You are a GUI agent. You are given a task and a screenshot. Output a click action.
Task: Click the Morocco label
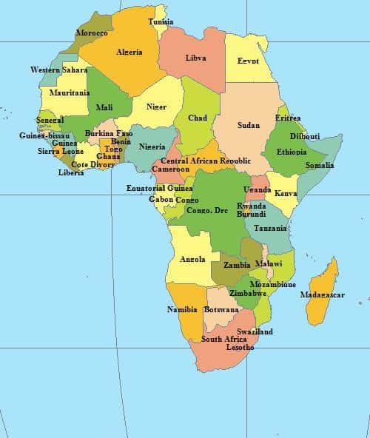[x=92, y=33]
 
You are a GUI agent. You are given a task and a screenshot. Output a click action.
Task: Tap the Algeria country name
[x=129, y=52]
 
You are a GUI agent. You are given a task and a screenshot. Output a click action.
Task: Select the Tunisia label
[x=161, y=21]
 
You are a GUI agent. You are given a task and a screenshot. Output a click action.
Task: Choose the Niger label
[x=156, y=107]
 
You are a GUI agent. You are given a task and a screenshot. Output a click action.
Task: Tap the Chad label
[x=198, y=118]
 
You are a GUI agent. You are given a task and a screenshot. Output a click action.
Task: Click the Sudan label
[x=248, y=125]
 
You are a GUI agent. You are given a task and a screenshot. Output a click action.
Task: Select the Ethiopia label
[x=292, y=152]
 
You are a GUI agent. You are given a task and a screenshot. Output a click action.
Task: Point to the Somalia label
[x=320, y=165]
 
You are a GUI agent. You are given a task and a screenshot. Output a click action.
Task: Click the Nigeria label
[x=152, y=146]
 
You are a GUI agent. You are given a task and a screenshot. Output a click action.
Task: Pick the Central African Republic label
[x=206, y=161]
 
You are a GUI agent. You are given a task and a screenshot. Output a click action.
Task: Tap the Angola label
[x=192, y=259]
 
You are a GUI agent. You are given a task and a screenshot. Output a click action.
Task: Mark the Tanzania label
[x=270, y=229]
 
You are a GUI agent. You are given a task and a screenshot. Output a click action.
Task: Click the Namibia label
[x=182, y=309]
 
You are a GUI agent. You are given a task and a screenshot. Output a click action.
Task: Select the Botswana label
[x=221, y=309]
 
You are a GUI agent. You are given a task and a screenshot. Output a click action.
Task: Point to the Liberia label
[x=71, y=173]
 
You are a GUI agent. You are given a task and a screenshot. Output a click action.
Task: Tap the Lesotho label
[x=240, y=347]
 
